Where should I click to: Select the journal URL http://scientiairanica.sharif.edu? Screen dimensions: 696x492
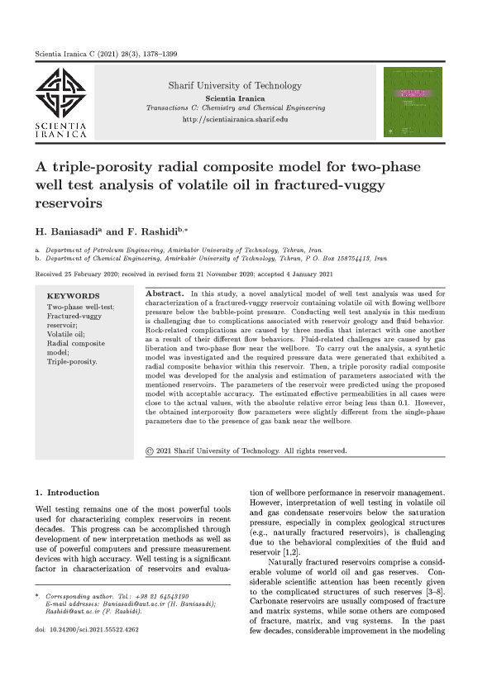pyautogui.click(x=235, y=120)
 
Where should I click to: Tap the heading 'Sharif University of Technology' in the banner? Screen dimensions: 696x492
pyautogui.click(x=235, y=85)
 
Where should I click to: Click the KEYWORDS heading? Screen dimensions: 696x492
pyautogui.click(x=74, y=295)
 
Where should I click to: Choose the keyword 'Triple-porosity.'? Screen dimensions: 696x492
pyautogui.click(x=73, y=361)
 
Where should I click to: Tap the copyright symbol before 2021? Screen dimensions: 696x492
pyautogui.click(x=148, y=451)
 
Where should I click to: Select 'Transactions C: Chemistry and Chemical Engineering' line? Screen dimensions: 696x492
pyautogui.click(x=235, y=107)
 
